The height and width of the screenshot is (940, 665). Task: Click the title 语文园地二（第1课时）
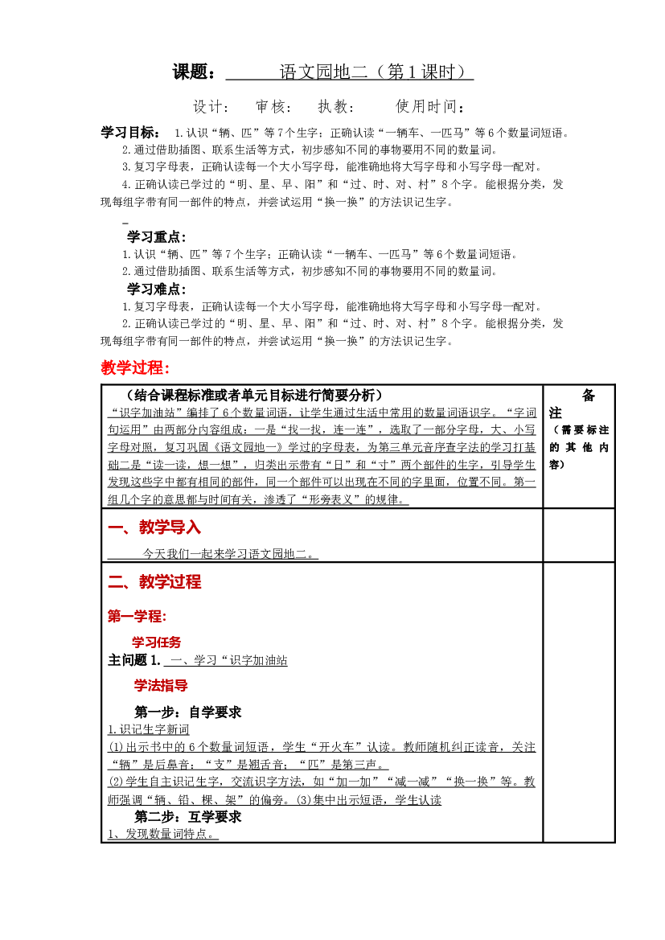pyautogui.click(x=372, y=72)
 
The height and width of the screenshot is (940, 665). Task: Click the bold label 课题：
pyautogui.click(x=194, y=72)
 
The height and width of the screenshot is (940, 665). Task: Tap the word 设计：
pyautogui.click(x=211, y=107)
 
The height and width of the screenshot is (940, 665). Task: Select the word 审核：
pyautogui.click(x=273, y=107)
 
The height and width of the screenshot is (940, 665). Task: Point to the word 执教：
pyautogui.click(x=336, y=107)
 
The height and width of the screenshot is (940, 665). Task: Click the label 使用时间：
pyautogui.click(x=430, y=107)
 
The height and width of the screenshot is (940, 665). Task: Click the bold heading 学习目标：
pyautogui.click(x=130, y=133)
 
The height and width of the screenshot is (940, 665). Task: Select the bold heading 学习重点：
pyautogui.click(x=157, y=236)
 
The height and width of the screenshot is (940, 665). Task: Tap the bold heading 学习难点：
pyautogui.click(x=157, y=289)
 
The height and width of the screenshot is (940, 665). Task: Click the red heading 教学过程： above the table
pyautogui.click(x=136, y=367)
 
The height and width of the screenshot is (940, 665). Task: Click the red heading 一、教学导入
pyautogui.click(x=154, y=527)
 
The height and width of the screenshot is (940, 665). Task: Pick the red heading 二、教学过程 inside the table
pyautogui.click(x=154, y=581)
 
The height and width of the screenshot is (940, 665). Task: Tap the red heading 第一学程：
pyautogui.click(x=137, y=616)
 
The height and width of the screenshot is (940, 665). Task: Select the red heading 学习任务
pyautogui.click(x=157, y=642)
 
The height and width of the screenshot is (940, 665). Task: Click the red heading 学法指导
pyautogui.click(x=161, y=685)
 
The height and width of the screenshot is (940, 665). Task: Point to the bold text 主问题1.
pyautogui.click(x=134, y=660)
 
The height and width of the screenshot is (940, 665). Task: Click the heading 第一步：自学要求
pyautogui.click(x=187, y=712)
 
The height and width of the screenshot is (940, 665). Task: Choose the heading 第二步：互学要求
pyautogui.click(x=187, y=816)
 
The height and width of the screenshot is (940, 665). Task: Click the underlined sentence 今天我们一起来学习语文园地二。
pyautogui.click(x=230, y=553)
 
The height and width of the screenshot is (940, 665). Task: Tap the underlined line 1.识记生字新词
pyautogui.click(x=149, y=729)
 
